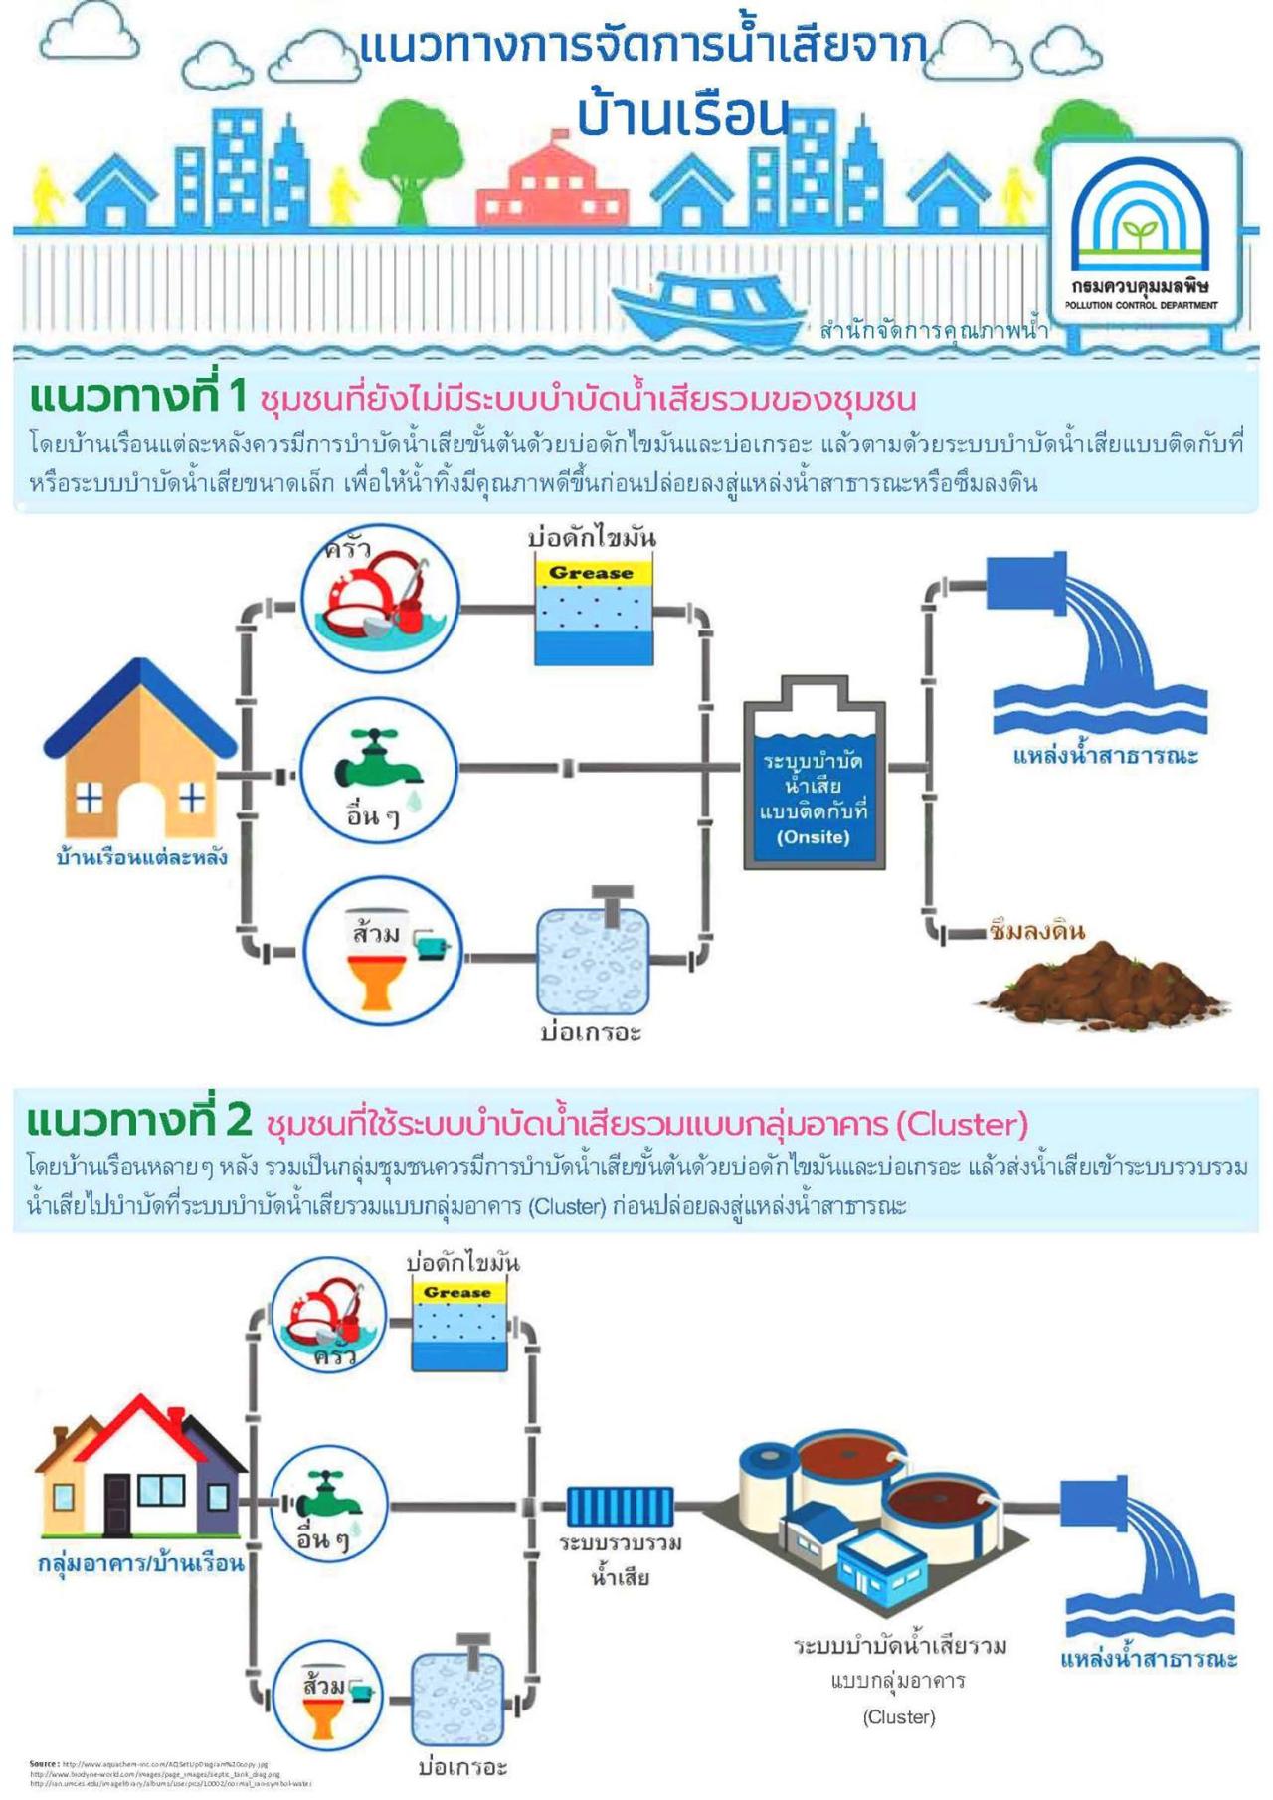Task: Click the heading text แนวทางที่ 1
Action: [x=137, y=396]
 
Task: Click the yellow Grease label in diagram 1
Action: [x=592, y=573]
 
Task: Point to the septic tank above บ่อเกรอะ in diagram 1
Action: [x=594, y=959]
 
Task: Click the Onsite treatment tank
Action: [x=814, y=786]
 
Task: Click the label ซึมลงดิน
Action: [x=1037, y=931]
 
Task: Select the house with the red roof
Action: [x=139, y=1472]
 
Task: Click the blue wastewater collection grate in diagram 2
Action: [x=621, y=1506]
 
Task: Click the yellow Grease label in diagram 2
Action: [x=457, y=1292]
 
